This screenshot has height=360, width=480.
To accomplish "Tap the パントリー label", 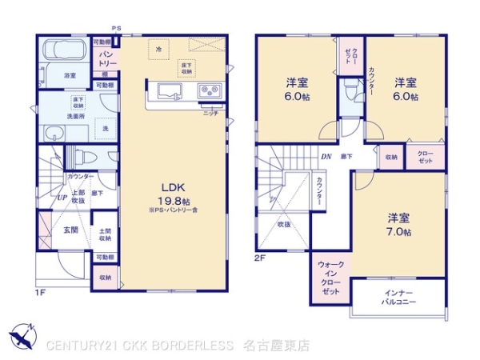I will coord(108,58).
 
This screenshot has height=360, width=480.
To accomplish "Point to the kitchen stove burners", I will coord(211,90).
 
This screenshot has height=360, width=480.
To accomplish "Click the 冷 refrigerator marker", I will coord(158,50).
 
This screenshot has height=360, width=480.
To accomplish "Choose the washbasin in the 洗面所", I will coord(55,134).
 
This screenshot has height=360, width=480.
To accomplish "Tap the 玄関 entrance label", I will coord(70,230).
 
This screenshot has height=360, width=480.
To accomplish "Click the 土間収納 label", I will coord(105,234).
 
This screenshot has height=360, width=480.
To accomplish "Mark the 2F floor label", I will coord(260,258).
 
